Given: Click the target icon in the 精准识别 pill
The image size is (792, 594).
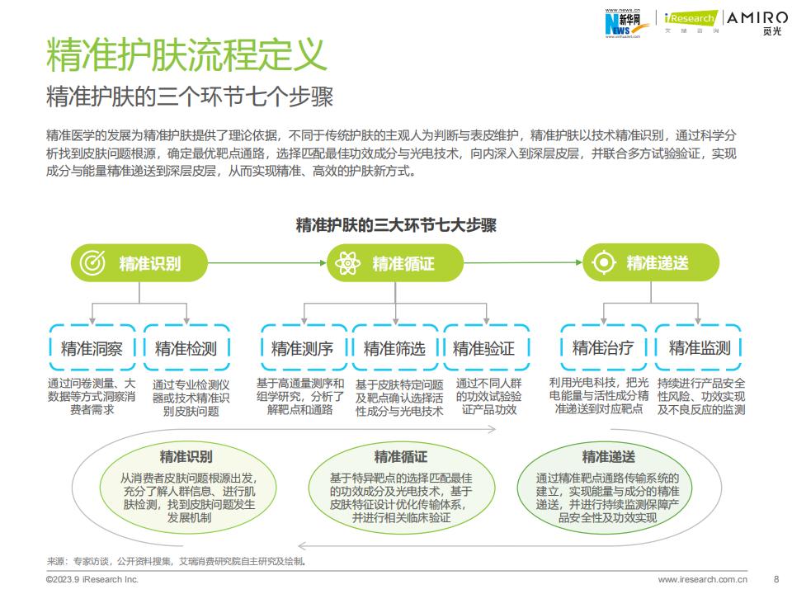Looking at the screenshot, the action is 92,262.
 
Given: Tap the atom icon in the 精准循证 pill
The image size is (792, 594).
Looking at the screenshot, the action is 347,262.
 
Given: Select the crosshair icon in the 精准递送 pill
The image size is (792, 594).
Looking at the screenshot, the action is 604,262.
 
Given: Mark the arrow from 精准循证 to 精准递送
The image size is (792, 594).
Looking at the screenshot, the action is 523,262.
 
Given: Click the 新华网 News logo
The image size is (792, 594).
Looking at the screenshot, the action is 623,23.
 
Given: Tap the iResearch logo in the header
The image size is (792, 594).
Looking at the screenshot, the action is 691,21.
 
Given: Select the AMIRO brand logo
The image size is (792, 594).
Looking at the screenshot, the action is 757,23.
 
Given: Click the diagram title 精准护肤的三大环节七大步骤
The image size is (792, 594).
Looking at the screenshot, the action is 396,224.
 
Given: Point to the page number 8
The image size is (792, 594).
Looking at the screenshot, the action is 776,579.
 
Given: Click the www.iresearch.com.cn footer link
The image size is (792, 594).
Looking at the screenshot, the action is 703,579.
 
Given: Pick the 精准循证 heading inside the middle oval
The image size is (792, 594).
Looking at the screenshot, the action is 401,456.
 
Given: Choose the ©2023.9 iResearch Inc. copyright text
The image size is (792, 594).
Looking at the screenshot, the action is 92,579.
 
